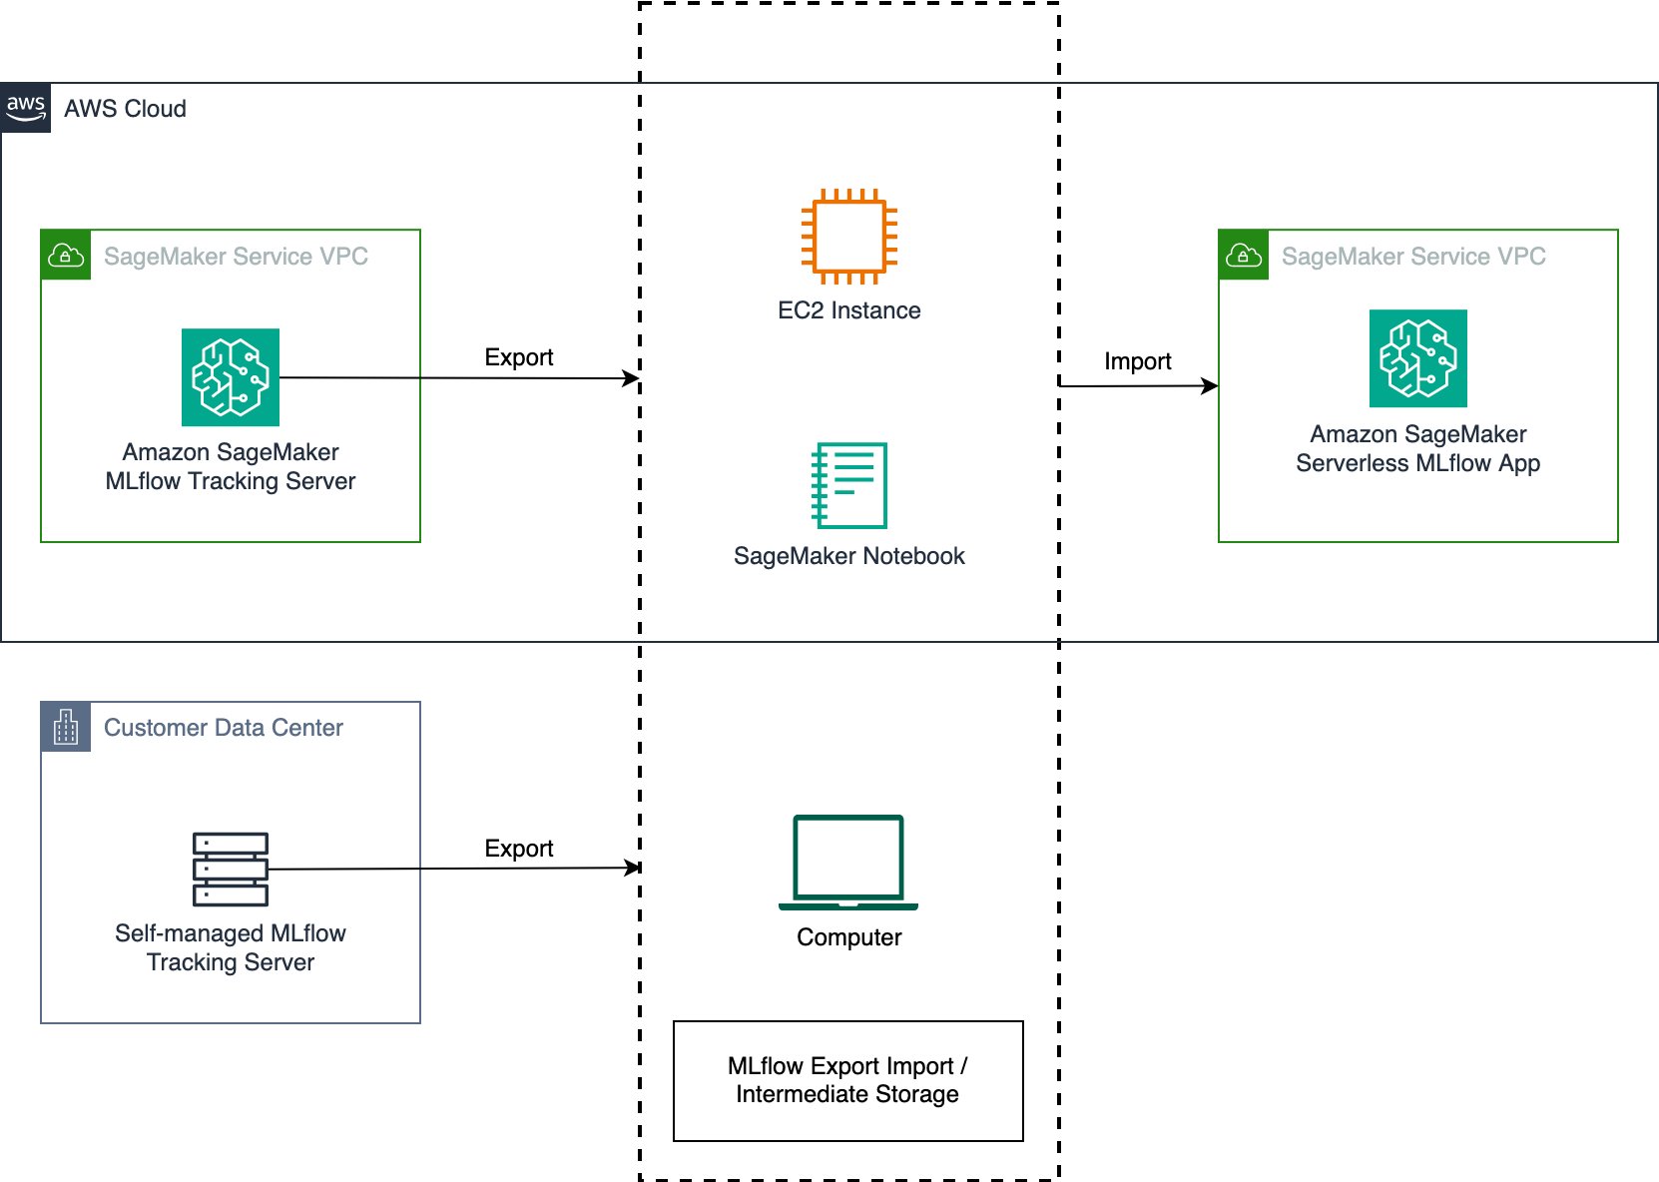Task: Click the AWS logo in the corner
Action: (x=25, y=108)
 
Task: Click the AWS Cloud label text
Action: (x=125, y=109)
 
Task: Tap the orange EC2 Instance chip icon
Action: (x=848, y=237)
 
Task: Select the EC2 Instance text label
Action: (x=848, y=310)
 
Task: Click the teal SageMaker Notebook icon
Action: (x=848, y=485)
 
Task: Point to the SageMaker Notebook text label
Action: (x=848, y=556)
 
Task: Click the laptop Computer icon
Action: (x=848, y=863)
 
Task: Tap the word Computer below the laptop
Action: (x=848, y=937)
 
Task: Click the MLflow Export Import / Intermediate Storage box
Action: (x=847, y=1080)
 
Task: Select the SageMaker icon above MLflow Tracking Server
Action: (x=231, y=377)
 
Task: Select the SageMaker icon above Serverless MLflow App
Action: (x=1417, y=358)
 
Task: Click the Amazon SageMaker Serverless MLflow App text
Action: (x=1417, y=448)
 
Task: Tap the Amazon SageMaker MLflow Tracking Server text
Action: (x=231, y=466)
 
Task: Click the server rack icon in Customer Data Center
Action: (x=231, y=869)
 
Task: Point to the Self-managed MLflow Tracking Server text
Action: (x=231, y=947)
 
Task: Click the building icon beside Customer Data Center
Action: (x=66, y=727)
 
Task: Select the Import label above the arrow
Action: (x=1137, y=361)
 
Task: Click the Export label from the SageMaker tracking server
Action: (x=518, y=357)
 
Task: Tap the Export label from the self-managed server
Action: (x=518, y=849)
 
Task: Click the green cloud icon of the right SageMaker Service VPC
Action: (x=1244, y=256)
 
